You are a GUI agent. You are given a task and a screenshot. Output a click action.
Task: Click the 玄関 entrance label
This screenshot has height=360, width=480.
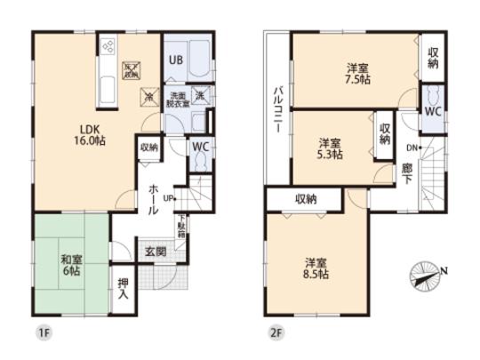click(x=156, y=252)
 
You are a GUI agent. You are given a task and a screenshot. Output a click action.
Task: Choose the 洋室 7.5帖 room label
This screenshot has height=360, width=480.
click(x=358, y=73)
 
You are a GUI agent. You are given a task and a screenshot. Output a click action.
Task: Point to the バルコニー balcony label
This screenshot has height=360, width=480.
click(x=277, y=110)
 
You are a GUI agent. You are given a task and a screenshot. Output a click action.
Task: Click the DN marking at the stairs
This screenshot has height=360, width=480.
click(x=413, y=147)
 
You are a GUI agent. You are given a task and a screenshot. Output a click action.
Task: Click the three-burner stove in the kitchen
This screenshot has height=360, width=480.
click(x=108, y=44)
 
